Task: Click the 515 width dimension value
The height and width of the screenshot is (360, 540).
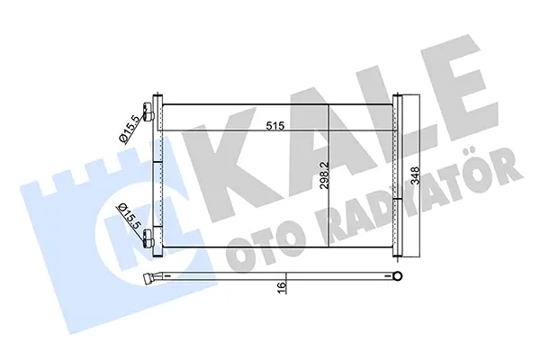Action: point(275,126)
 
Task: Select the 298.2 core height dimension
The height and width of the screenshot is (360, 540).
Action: point(324,175)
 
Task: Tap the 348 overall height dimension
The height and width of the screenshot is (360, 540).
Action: point(416,175)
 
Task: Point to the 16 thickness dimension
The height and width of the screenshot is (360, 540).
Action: point(282,285)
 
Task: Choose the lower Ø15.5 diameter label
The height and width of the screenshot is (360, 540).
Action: point(129,217)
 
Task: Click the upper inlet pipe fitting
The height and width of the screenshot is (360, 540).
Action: point(148,112)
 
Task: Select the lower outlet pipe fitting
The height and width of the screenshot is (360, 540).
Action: point(148,238)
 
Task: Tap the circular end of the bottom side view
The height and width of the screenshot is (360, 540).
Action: point(399,275)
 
